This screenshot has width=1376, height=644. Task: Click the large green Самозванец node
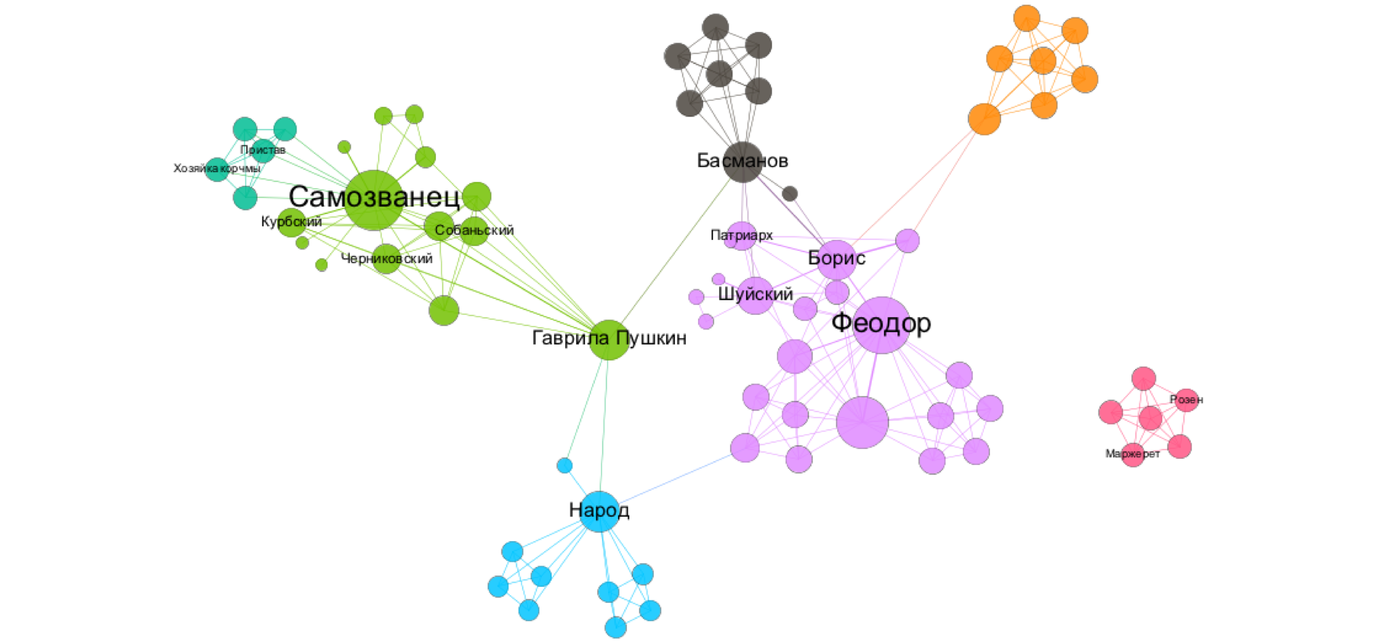click(x=373, y=200)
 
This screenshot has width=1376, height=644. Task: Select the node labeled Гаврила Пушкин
click(x=609, y=340)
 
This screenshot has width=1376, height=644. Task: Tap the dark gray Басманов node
click(x=743, y=162)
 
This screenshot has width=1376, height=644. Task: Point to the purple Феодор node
click(x=882, y=325)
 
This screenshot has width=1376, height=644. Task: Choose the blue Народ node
click(x=600, y=511)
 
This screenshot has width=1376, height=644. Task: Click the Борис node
click(x=837, y=259)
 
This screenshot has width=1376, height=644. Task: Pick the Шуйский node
click(x=755, y=296)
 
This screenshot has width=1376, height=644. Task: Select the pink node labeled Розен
click(x=1186, y=399)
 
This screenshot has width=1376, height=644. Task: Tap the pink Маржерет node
click(x=1133, y=454)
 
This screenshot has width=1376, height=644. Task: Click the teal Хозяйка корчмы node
click(x=217, y=168)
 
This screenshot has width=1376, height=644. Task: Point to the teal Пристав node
click(x=263, y=150)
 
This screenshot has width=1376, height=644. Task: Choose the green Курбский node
click(x=291, y=223)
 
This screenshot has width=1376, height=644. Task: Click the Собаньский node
click(x=474, y=231)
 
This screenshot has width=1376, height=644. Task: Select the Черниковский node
click(x=386, y=259)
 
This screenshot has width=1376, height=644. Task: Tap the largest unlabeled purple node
click(x=862, y=422)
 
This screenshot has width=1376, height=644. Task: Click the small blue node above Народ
click(x=565, y=465)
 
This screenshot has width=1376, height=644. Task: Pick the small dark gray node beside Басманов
click(x=790, y=194)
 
